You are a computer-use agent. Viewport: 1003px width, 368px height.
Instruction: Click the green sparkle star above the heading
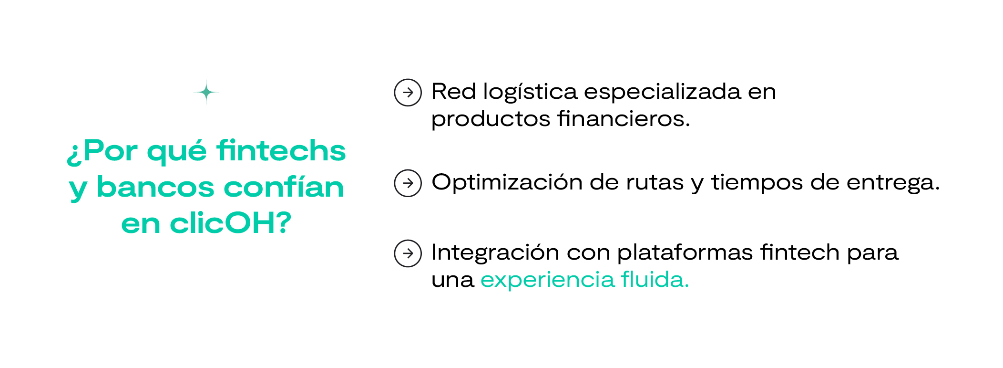[206, 92]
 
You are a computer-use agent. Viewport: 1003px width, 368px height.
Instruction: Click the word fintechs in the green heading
[281, 151]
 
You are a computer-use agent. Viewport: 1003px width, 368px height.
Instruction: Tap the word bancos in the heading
[155, 187]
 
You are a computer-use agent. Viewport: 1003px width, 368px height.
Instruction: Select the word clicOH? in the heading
[230, 223]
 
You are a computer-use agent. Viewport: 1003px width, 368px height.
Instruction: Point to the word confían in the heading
[284, 187]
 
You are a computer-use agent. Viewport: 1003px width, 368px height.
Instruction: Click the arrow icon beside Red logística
[408, 93]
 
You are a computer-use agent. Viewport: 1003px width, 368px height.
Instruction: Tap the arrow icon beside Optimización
[408, 183]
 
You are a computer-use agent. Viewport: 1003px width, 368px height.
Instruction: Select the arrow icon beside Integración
[408, 253]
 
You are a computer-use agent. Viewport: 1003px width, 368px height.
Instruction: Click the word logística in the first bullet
[530, 92]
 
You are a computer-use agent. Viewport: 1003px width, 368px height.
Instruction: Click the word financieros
[624, 119]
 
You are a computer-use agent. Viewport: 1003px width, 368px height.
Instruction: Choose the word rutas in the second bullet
[655, 183]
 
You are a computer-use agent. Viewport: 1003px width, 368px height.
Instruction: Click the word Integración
[495, 252]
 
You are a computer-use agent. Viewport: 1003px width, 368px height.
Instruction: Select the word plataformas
[685, 252]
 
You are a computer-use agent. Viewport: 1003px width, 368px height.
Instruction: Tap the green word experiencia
[547, 280]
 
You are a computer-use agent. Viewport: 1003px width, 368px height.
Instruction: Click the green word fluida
[655, 280]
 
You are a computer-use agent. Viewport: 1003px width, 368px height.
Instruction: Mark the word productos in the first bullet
[491, 119]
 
